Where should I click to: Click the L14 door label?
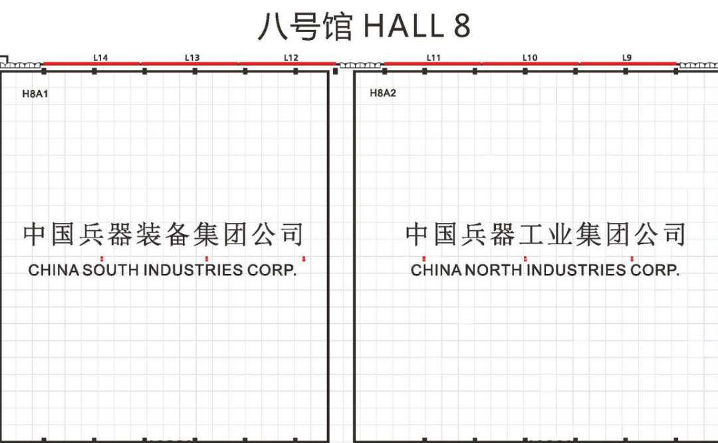(x=100, y=58)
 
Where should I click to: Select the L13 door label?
(x=192, y=58)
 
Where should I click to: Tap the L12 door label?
(x=291, y=58)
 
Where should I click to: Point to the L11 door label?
(x=433, y=58)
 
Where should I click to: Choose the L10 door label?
(x=530, y=58)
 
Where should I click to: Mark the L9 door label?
(x=627, y=58)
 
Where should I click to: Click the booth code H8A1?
(x=35, y=94)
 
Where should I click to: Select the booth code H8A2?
(x=383, y=94)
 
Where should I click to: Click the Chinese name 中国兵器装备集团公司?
(x=164, y=235)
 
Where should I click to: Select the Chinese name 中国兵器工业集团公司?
(x=545, y=235)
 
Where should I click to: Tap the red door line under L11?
(x=433, y=65)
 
